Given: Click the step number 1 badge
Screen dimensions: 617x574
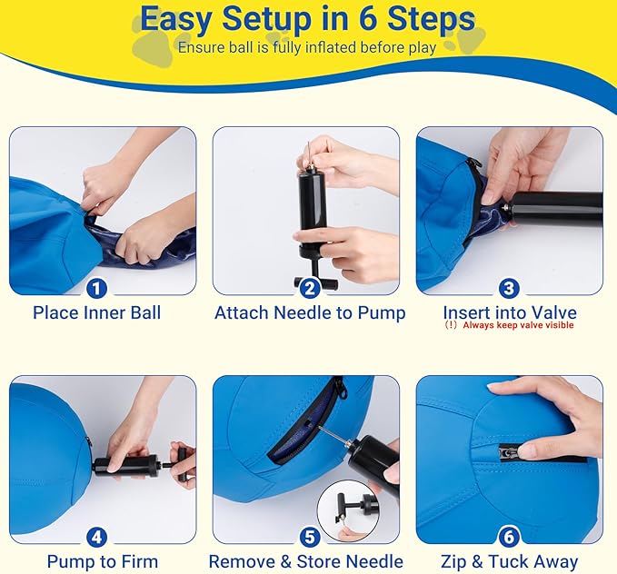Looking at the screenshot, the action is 96,289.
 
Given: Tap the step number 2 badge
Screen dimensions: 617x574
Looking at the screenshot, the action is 310,289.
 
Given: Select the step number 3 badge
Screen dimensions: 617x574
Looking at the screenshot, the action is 509,289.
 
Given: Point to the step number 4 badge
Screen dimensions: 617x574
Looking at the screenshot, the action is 96,538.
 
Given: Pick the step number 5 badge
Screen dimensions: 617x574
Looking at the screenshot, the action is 310,538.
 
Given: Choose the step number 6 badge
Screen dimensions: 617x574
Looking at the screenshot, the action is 509,538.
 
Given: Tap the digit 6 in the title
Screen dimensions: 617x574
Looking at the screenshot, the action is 367,18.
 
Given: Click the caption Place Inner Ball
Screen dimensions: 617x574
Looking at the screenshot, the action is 97,313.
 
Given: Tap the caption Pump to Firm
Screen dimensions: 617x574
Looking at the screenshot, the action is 103,561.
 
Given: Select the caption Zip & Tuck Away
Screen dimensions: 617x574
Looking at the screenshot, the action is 509,561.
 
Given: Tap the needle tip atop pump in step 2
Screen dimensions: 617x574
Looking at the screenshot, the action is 309,143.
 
